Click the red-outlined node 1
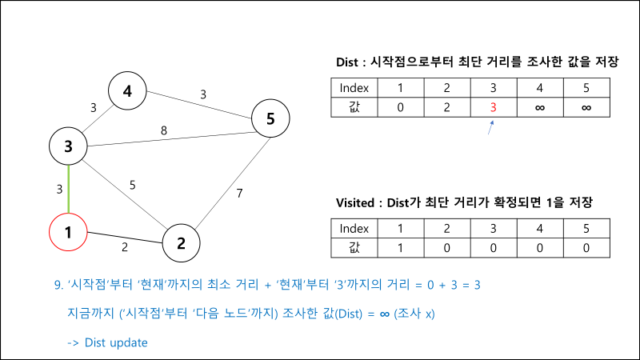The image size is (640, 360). (69, 234)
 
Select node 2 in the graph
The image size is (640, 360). (182, 242)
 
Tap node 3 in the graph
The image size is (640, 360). (69, 146)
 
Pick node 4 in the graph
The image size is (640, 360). (127, 91)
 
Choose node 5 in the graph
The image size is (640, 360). (270, 119)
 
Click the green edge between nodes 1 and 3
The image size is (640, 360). (69, 190)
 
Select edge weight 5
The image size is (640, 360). (133, 186)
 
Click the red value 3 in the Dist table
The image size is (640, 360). (494, 107)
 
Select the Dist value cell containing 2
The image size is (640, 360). (447, 107)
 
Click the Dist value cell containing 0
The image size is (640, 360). (401, 107)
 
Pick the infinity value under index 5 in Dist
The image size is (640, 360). (586, 107)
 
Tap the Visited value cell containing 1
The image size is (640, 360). (401, 247)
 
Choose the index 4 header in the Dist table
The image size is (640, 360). (540, 87)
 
